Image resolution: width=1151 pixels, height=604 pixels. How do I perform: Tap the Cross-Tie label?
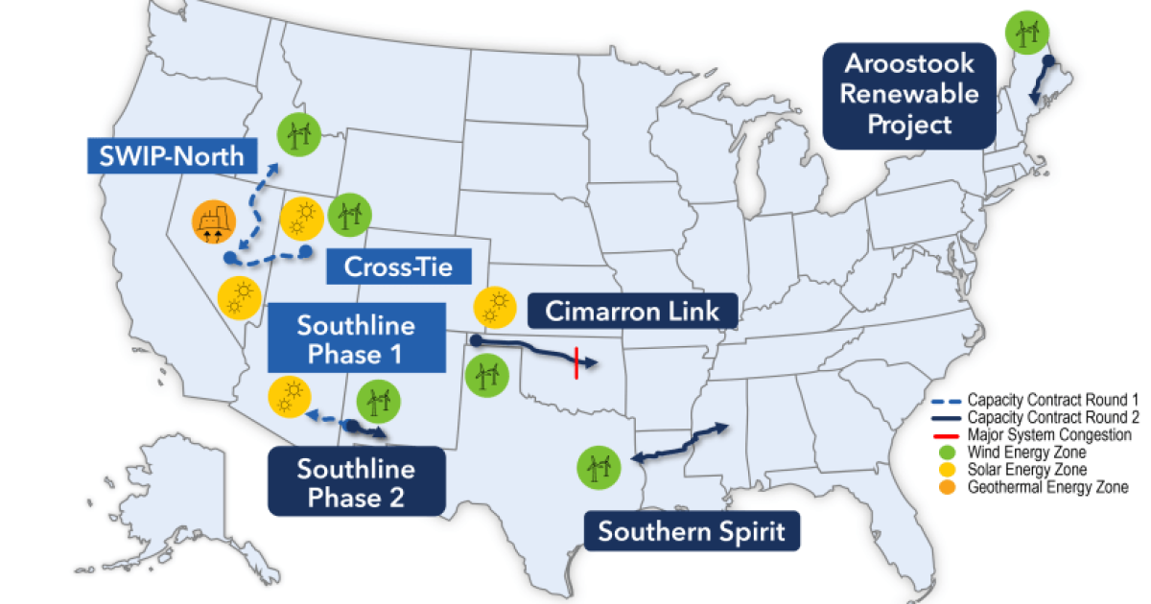(388, 266)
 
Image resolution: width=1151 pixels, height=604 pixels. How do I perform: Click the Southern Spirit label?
(692, 530)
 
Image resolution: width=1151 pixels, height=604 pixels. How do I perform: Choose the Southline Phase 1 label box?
(356, 338)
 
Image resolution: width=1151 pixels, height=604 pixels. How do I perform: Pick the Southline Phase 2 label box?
(356, 483)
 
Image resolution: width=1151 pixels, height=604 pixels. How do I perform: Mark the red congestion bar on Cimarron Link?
(575, 362)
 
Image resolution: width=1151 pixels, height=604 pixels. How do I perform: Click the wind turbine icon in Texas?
(599, 467)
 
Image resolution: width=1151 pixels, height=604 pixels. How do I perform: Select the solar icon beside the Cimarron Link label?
(496, 308)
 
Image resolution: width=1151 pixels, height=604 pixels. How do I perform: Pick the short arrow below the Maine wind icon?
(1040, 81)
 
